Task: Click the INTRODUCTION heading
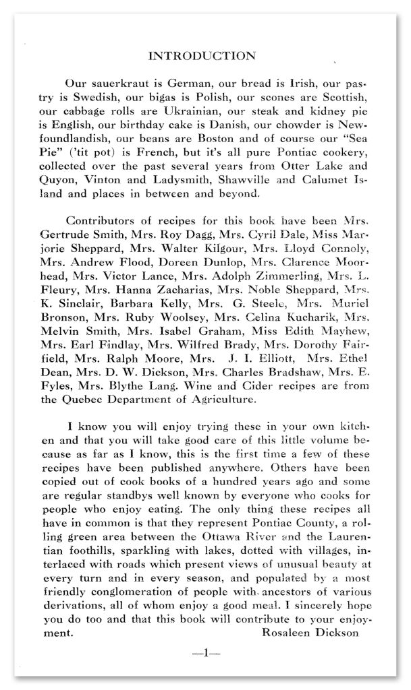202,55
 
